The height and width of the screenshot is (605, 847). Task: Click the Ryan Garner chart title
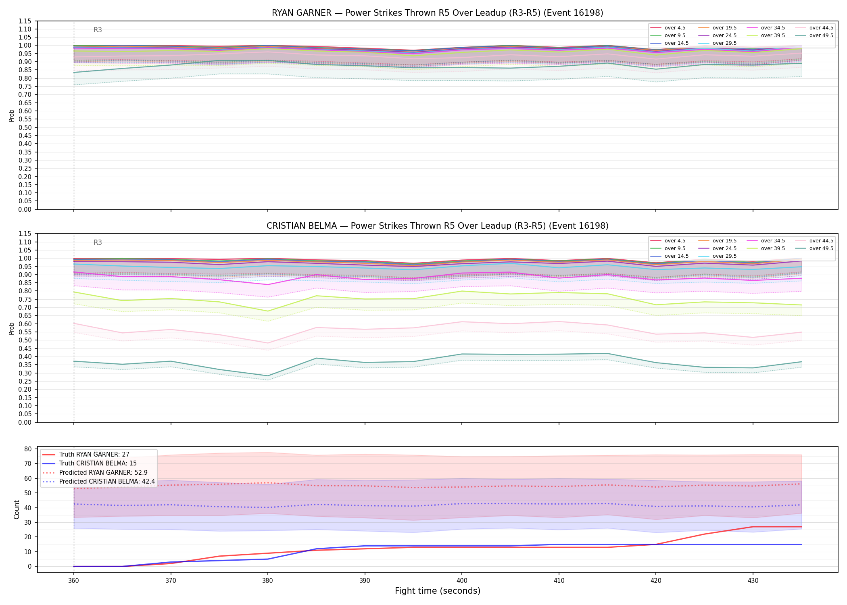(437, 13)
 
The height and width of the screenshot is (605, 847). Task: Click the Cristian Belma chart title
(437, 226)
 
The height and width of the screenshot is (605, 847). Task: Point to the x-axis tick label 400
(461, 581)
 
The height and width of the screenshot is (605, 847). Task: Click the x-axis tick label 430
(753, 581)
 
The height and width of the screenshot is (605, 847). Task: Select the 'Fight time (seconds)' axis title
(437, 591)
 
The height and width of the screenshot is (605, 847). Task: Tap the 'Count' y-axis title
(17, 510)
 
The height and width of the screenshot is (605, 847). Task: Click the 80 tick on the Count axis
(27, 449)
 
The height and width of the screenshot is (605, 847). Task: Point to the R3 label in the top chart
(98, 30)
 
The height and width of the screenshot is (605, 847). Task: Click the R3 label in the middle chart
(98, 242)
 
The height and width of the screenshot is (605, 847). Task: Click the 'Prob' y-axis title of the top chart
(12, 115)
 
